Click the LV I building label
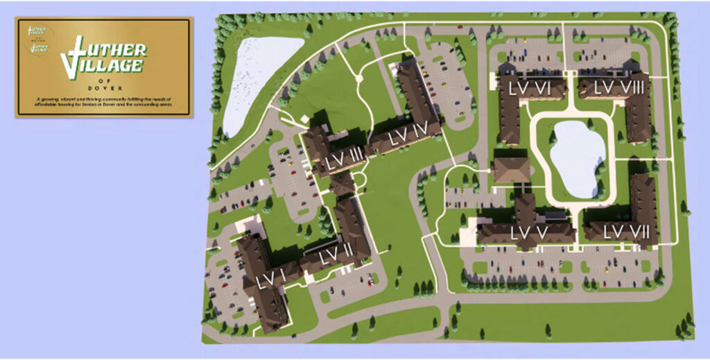270,280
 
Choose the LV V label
530,232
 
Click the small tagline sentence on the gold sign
104,103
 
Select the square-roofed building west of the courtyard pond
512,169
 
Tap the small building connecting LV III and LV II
343,184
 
